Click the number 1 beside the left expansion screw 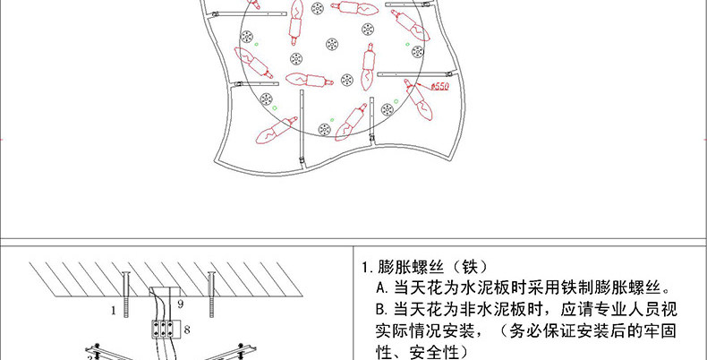114,311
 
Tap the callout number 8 186,330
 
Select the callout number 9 180,304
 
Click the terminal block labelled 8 165,329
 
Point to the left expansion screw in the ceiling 127,292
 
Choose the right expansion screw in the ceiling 211,290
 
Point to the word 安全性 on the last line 434,353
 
